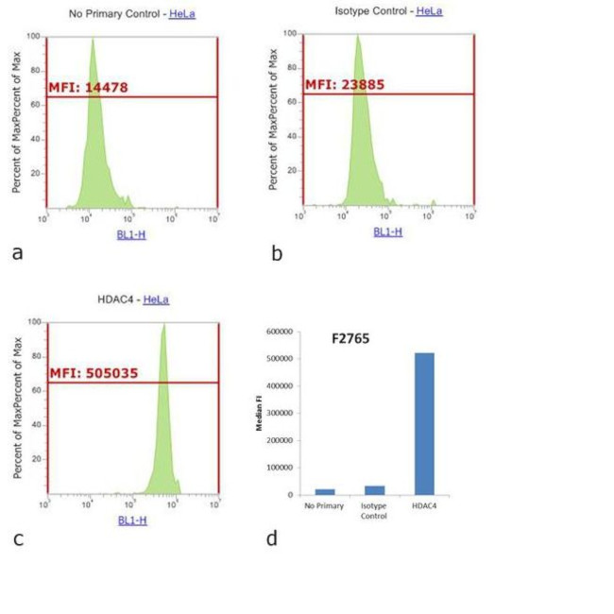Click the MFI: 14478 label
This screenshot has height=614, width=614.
tap(88, 87)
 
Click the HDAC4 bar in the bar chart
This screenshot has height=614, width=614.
tap(424, 424)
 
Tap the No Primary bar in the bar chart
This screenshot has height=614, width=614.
tap(325, 491)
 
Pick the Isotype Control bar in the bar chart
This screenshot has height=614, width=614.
tap(374, 490)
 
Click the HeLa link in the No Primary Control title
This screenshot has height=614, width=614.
tap(182, 13)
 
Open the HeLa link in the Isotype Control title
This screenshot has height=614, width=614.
tap(429, 11)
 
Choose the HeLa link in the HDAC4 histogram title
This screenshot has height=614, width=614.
tap(156, 299)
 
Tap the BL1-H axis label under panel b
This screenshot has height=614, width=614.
tap(387, 230)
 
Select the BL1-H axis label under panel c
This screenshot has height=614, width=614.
tap(131, 520)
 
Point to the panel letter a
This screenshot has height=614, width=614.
tap(17, 253)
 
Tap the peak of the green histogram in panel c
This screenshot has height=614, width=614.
tap(163, 326)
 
